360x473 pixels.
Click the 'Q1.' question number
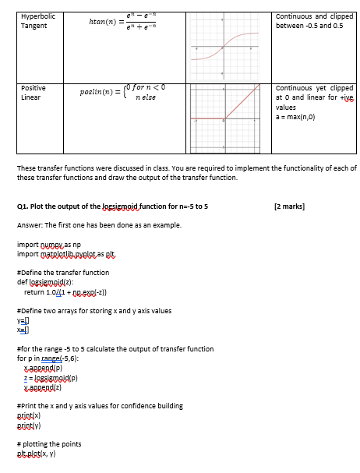point(23,206)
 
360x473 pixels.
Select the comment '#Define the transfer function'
point(62,273)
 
